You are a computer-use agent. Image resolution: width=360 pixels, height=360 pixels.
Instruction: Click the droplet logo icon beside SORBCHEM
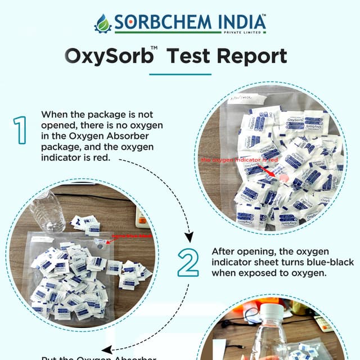(x=103, y=23)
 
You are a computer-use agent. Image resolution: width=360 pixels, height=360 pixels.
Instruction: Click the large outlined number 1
(x=21, y=130)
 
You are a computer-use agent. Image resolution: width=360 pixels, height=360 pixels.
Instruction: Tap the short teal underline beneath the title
(x=180, y=74)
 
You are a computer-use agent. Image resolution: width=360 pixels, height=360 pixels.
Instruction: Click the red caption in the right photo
(x=240, y=160)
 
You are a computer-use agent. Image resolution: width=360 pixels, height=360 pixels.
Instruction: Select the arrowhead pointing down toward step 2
(x=189, y=236)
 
